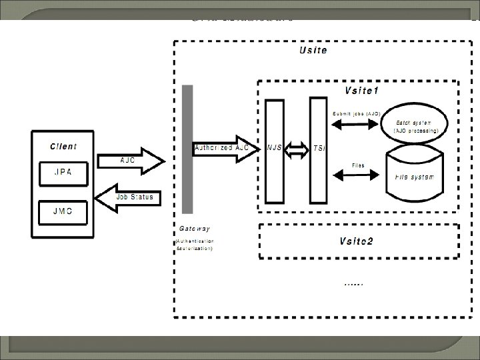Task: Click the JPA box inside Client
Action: (64, 172)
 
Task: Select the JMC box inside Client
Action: (64, 211)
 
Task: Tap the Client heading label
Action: (63, 146)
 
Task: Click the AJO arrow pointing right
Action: (131, 160)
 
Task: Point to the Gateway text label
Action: (193, 229)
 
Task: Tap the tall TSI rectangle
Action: (319, 151)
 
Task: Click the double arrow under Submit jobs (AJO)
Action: (355, 125)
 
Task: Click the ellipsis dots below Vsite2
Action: (353, 283)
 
